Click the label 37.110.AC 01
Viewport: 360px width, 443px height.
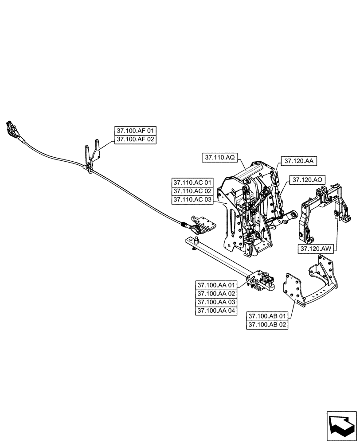coord(193,183)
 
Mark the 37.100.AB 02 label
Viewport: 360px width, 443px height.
coord(268,325)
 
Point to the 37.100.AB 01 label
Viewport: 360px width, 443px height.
coord(268,316)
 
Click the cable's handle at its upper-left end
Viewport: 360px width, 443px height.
coord(12,128)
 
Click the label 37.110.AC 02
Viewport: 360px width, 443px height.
coord(193,191)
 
